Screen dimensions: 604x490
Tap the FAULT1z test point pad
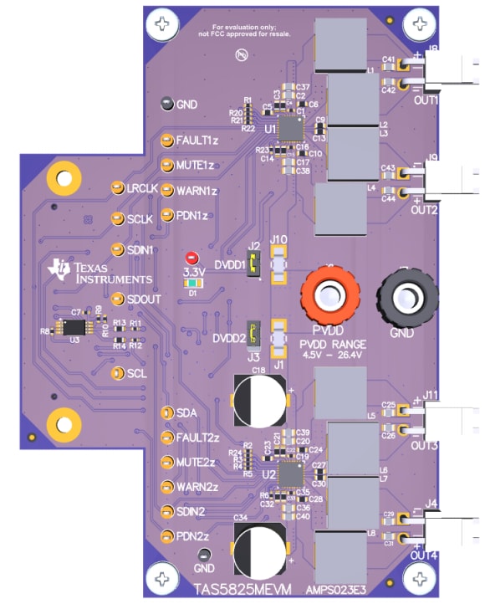166,140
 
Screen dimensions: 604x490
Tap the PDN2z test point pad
166,535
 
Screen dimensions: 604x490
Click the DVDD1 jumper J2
255,266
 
